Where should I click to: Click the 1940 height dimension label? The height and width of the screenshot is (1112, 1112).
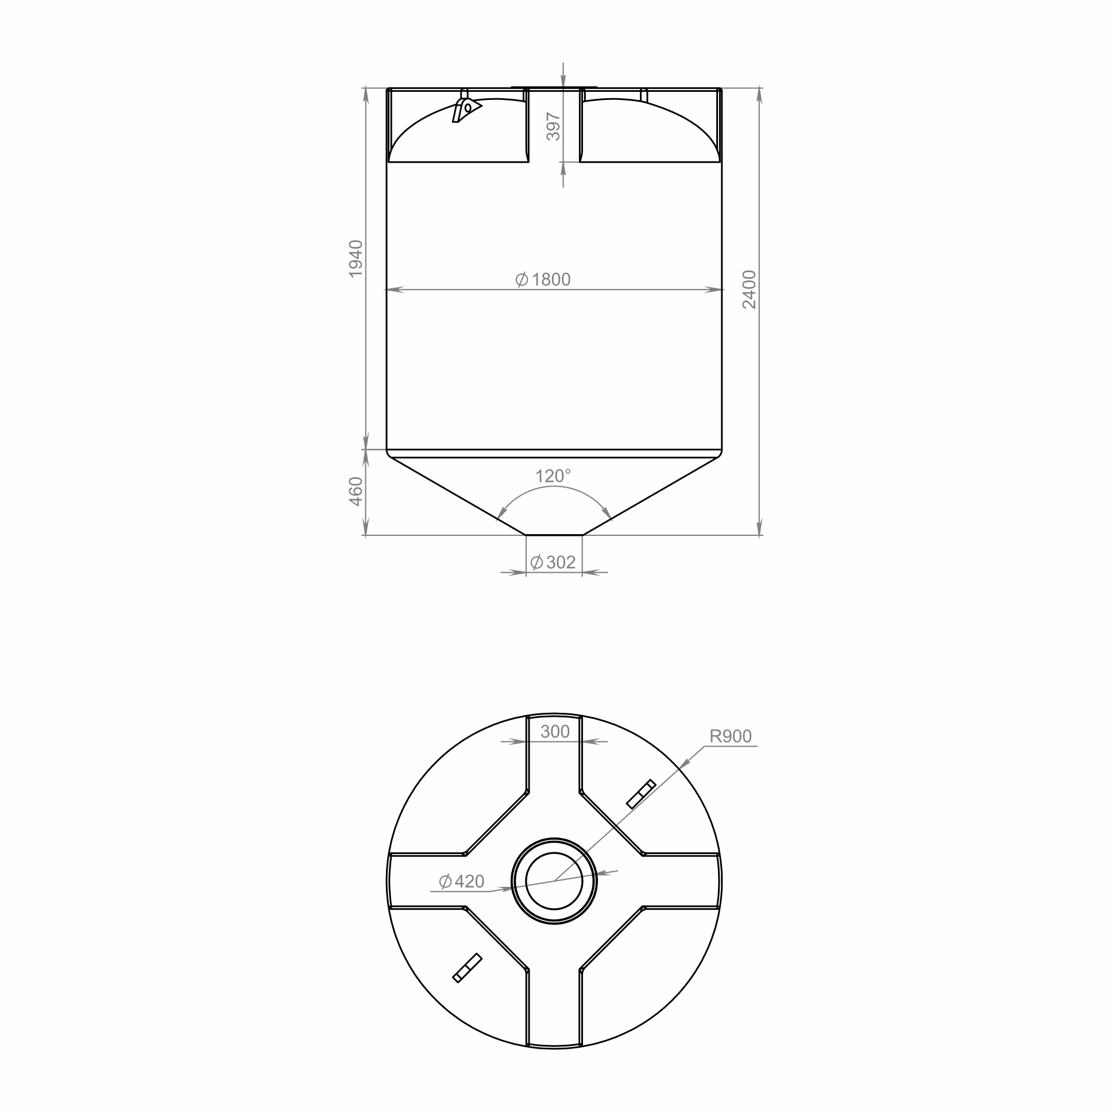tap(356, 258)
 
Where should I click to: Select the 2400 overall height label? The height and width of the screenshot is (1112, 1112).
tap(749, 289)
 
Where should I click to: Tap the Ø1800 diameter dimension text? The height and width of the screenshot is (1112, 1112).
tap(543, 280)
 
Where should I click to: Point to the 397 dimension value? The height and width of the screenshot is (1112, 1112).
tap(553, 126)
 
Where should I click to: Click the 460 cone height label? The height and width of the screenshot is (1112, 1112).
tap(356, 492)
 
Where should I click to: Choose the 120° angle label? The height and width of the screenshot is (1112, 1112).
tap(553, 476)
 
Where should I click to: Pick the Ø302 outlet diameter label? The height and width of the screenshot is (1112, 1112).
tap(553, 562)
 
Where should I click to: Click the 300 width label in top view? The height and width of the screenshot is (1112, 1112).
tap(555, 732)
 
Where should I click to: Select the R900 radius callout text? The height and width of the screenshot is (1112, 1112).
tap(731, 736)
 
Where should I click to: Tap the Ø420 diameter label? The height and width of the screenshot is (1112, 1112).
tap(461, 881)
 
